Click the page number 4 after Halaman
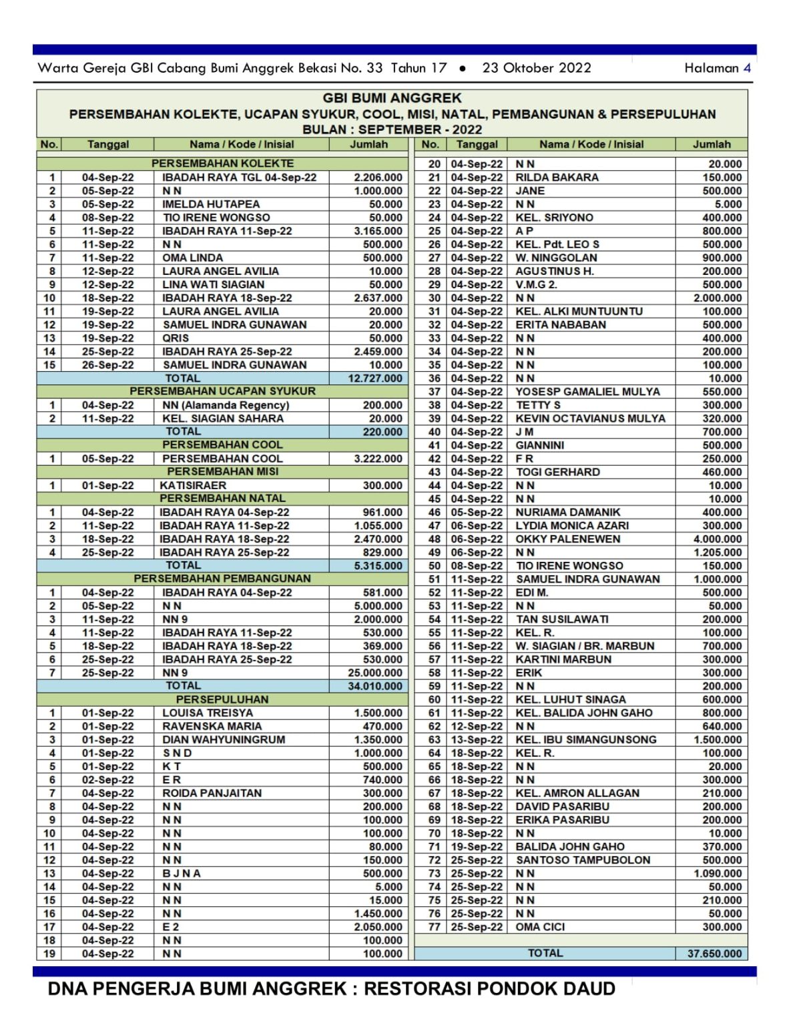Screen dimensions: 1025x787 point(747,68)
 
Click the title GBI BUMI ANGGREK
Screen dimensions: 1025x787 point(392,98)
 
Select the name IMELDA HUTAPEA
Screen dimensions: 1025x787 point(211,204)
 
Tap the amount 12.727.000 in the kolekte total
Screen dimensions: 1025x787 point(375,378)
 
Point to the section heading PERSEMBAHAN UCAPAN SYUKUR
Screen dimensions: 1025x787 point(222,391)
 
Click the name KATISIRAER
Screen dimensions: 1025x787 point(193,485)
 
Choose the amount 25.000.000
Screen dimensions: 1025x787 point(375,673)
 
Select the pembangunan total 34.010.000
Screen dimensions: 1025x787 point(375,686)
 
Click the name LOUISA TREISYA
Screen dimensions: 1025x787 point(208,713)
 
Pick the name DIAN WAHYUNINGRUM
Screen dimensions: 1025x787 point(224,739)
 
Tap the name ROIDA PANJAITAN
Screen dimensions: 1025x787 point(212,793)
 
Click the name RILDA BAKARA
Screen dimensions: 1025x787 point(557,178)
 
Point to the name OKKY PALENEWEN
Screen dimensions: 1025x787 point(567,539)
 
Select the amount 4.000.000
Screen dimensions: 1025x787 point(718,539)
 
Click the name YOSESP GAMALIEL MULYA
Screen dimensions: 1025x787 point(587,392)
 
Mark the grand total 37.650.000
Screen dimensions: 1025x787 point(714,954)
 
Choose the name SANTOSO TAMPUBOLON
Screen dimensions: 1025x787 point(583,860)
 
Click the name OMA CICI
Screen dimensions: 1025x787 point(540,927)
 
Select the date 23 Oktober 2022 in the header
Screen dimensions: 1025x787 point(537,68)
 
